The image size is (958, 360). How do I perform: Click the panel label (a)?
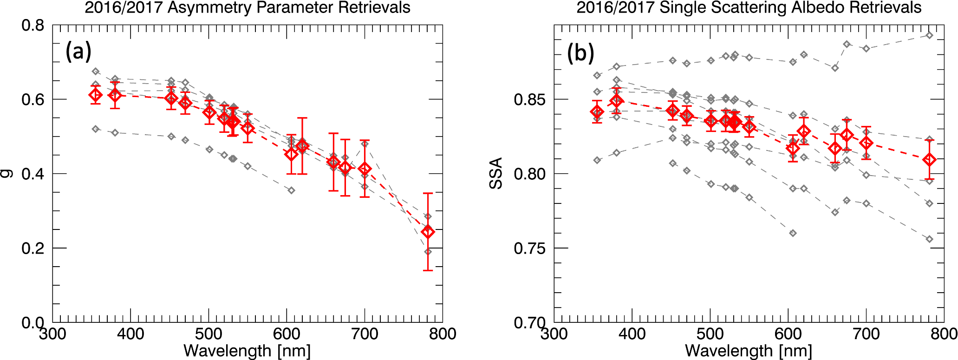78,52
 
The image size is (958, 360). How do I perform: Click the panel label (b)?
580,53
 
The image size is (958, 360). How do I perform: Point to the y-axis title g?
7,173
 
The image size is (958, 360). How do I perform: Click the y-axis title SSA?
496,173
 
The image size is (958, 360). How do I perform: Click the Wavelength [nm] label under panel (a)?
247,351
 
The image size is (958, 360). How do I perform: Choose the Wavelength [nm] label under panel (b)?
749,351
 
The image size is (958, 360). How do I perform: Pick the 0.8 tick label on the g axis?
33,25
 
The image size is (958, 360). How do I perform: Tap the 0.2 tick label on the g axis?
33,248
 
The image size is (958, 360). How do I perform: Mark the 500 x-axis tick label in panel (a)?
209,334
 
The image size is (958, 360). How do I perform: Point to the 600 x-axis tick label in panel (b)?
788,334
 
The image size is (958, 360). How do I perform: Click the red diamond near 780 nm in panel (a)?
428,232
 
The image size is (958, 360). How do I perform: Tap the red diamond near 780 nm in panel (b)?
929,160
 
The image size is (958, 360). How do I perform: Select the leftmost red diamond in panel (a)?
96,95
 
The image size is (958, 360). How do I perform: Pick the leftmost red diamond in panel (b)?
597,112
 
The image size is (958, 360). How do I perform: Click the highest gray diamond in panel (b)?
929,35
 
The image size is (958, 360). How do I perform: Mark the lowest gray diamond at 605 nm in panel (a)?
291,190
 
